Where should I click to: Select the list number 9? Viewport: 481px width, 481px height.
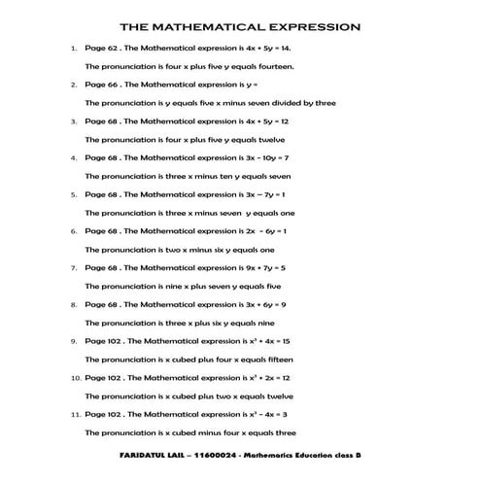[74, 341]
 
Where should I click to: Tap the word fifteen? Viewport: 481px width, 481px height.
[275, 359]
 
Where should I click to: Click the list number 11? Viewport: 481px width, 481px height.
[75, 414]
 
